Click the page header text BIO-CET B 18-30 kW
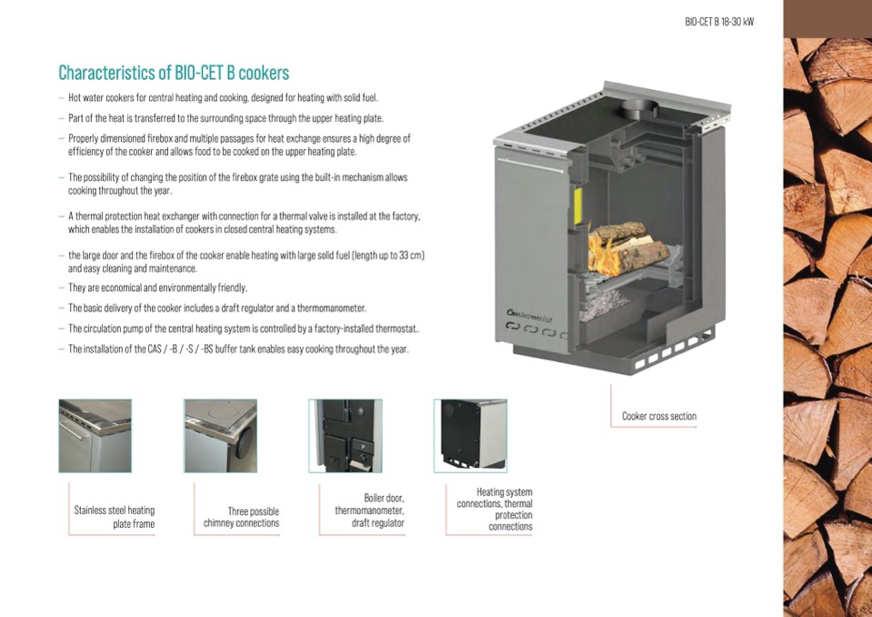(x=719, y=22)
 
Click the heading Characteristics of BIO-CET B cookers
(x=174, y=73)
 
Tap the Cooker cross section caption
(x=659, y=416)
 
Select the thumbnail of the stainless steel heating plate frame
(x=95, y=436)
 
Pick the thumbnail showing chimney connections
(x=220, y=436)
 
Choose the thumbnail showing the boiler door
(x=346, y=436)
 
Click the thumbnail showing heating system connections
(x=470, y=436)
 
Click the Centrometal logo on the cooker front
(x=529, y=316)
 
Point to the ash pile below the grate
(x=603, y=306)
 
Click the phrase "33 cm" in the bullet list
(x=412, y=256)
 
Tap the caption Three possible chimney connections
(x=241, y=517)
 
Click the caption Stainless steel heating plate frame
(x=114, y=517)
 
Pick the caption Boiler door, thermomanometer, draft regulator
(x=369, y=511)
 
